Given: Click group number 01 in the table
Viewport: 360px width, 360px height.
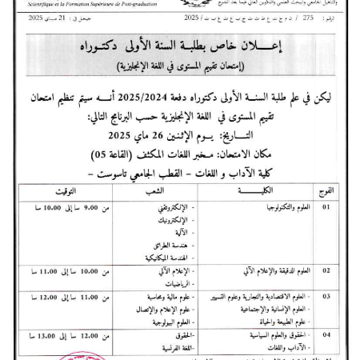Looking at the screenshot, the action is (x=326, y=206).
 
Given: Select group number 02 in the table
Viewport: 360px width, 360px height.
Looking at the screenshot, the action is (x=326, y=270).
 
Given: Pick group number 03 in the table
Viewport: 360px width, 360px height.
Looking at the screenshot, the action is (x=326, y=296).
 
